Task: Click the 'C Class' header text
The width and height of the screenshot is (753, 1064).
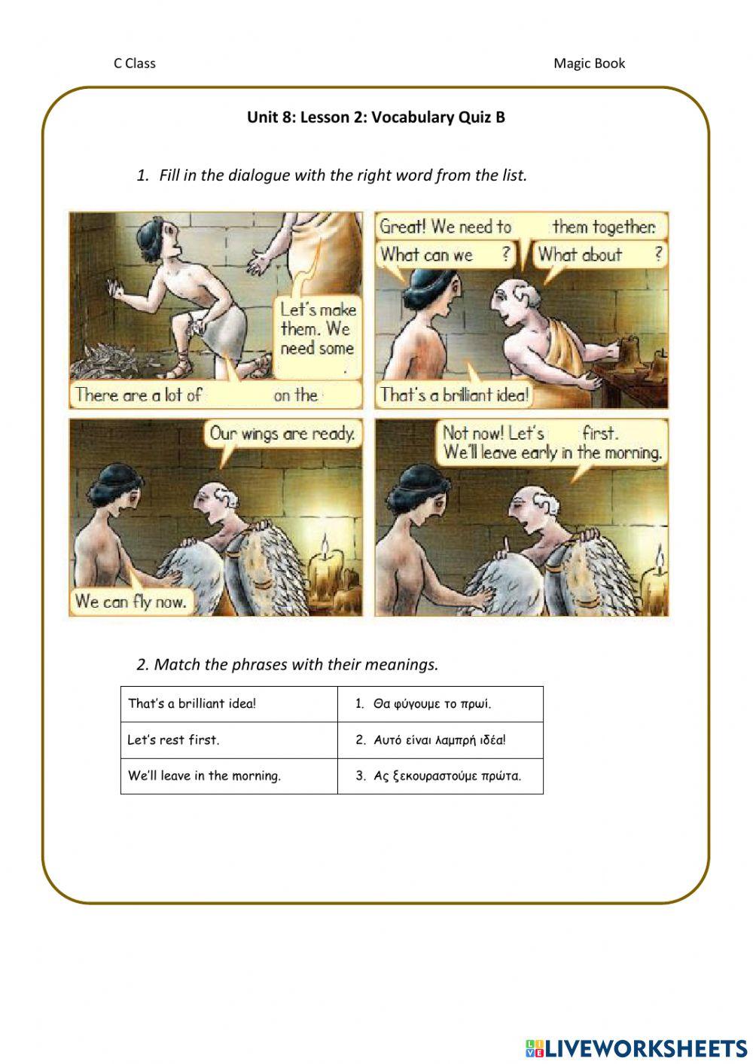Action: coord(134,63)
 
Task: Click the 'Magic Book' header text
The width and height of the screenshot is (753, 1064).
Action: coord(589,63)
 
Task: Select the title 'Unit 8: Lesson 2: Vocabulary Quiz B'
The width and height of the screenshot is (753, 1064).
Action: coord(376,117)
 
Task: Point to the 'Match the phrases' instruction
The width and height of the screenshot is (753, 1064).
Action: coord(287,664)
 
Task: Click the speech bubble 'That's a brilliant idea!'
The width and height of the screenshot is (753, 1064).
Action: coord(454,395)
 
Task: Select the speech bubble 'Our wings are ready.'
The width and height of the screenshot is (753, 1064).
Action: coord(282,434)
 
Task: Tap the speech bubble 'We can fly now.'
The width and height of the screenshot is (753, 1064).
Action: coord(130,601)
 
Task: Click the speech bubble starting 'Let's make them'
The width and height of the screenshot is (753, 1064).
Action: coord(317,330)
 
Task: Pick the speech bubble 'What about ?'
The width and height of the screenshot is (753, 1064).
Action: coord(599,255)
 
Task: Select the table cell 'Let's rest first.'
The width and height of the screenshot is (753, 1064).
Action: coord(228,739)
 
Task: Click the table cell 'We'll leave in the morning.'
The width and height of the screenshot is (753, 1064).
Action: coord(228,776)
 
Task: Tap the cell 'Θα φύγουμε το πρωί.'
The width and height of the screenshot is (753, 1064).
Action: coord(440,704)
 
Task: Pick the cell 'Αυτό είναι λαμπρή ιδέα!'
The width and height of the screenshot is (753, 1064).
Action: coord(440,739)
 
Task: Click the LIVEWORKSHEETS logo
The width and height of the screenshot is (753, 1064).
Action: coord(636,1047)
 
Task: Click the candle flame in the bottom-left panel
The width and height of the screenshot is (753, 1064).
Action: coord(325,544)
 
